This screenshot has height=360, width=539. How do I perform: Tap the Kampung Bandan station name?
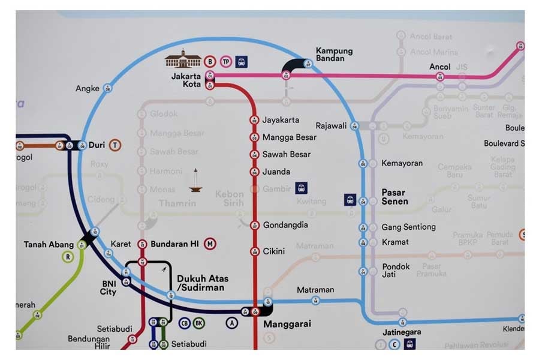pyautogui.click(x=334, y=55)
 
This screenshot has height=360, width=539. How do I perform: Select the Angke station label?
pyautogui.click(x=87, y=89)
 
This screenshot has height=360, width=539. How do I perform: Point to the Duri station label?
pyautogui.click(x=97, y=145)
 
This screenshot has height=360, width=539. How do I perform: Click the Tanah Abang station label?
pyautogui.click(x=49, y=245)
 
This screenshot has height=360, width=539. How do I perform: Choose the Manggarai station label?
pyautogui.click(x=287, y=324)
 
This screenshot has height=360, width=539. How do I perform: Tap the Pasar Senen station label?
pyautogui.click(x=395, y=197)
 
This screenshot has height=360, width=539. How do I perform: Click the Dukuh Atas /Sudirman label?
pyautogui.click(x=200, y=283)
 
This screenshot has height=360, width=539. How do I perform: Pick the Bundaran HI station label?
pyautogui.click(x=174, y=244)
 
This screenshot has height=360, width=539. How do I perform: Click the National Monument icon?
pyautogui.click(x=195, y=181)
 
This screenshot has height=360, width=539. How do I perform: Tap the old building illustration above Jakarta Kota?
pyautogui.click(x=183, y=60)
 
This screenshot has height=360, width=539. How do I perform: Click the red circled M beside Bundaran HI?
pyautogui.click(x=210, y=244)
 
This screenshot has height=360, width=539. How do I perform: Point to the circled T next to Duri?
pyautogui.click(x=115, y=145)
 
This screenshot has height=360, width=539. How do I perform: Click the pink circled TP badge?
pyautogui.click(x=225, y=61)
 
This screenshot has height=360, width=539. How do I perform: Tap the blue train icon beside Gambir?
pyautogui.click(x=301, y=188)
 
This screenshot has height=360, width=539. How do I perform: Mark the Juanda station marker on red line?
pyautogui.click(x=254, y=172)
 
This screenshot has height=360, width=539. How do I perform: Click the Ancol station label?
pyautogui.click(x=440, y=67)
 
